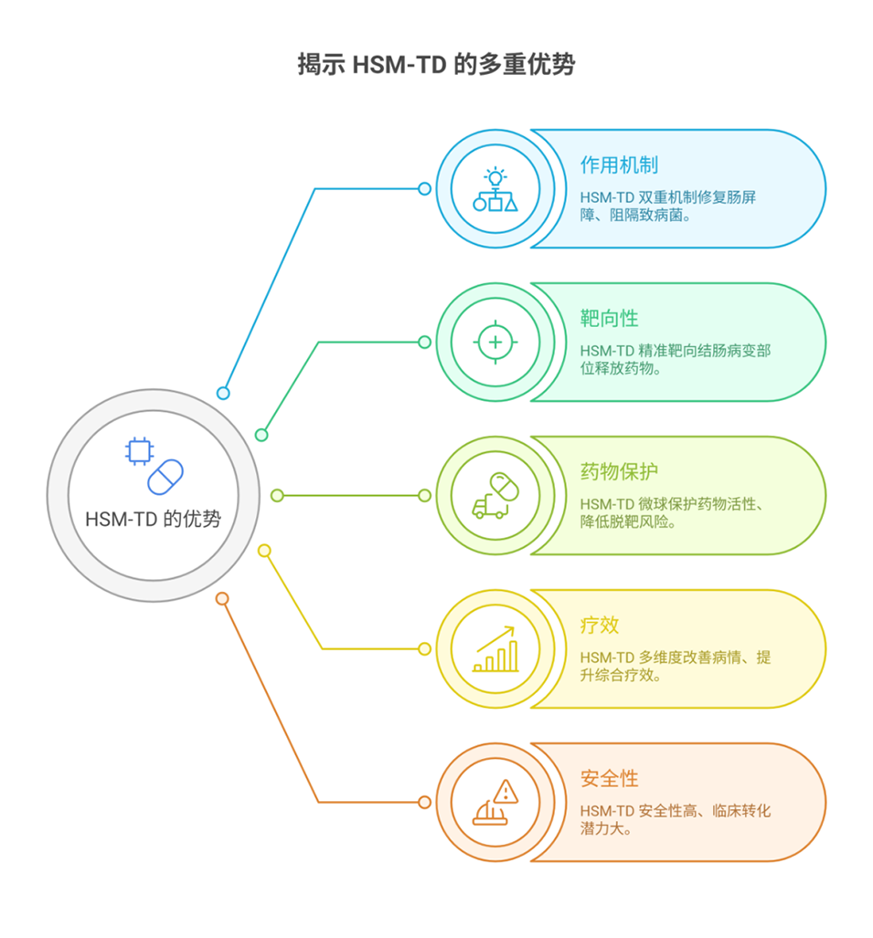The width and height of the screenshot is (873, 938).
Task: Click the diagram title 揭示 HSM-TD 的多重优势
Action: click(x=436, y=64)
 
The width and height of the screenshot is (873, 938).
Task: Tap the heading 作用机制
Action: click(x=619, y=165)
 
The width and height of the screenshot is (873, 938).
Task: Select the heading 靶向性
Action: click(x=609, y=319)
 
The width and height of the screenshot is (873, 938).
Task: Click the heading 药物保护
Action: click(x=619, y=472)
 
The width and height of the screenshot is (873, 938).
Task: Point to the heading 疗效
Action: click(x=600, y=626)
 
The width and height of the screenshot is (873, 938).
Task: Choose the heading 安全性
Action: click(x=609, y=779)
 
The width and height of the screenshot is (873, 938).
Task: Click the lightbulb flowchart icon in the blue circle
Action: click(x=495, y=189)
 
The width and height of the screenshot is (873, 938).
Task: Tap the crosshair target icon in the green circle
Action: click(x=495, y=343)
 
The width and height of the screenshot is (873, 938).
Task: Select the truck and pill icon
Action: click(x=495, y=496)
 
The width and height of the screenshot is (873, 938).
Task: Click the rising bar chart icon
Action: click(x=495, y=649)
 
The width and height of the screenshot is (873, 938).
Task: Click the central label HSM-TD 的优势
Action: click(x=153, y=519)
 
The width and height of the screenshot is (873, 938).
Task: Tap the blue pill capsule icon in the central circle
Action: click(x=165, y=477)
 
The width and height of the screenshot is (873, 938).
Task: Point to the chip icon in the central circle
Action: click(x=138, y=450)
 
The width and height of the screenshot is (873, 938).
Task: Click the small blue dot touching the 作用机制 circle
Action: click(x=424, y=189)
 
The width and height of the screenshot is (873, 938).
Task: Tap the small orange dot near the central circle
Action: click(x=221, y=599)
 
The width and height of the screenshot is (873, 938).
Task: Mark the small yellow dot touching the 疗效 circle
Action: click(x=424, y=649)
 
